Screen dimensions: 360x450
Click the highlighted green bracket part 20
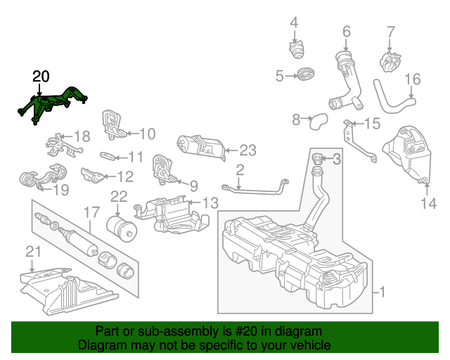(52, 104)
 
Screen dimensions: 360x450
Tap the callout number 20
(41, 77)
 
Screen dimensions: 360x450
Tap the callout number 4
(294, 22)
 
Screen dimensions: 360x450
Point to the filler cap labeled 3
(316, 162)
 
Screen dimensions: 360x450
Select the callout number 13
(210, 203)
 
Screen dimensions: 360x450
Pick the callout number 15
(371, 124)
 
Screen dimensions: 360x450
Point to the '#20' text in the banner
(231, 331)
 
